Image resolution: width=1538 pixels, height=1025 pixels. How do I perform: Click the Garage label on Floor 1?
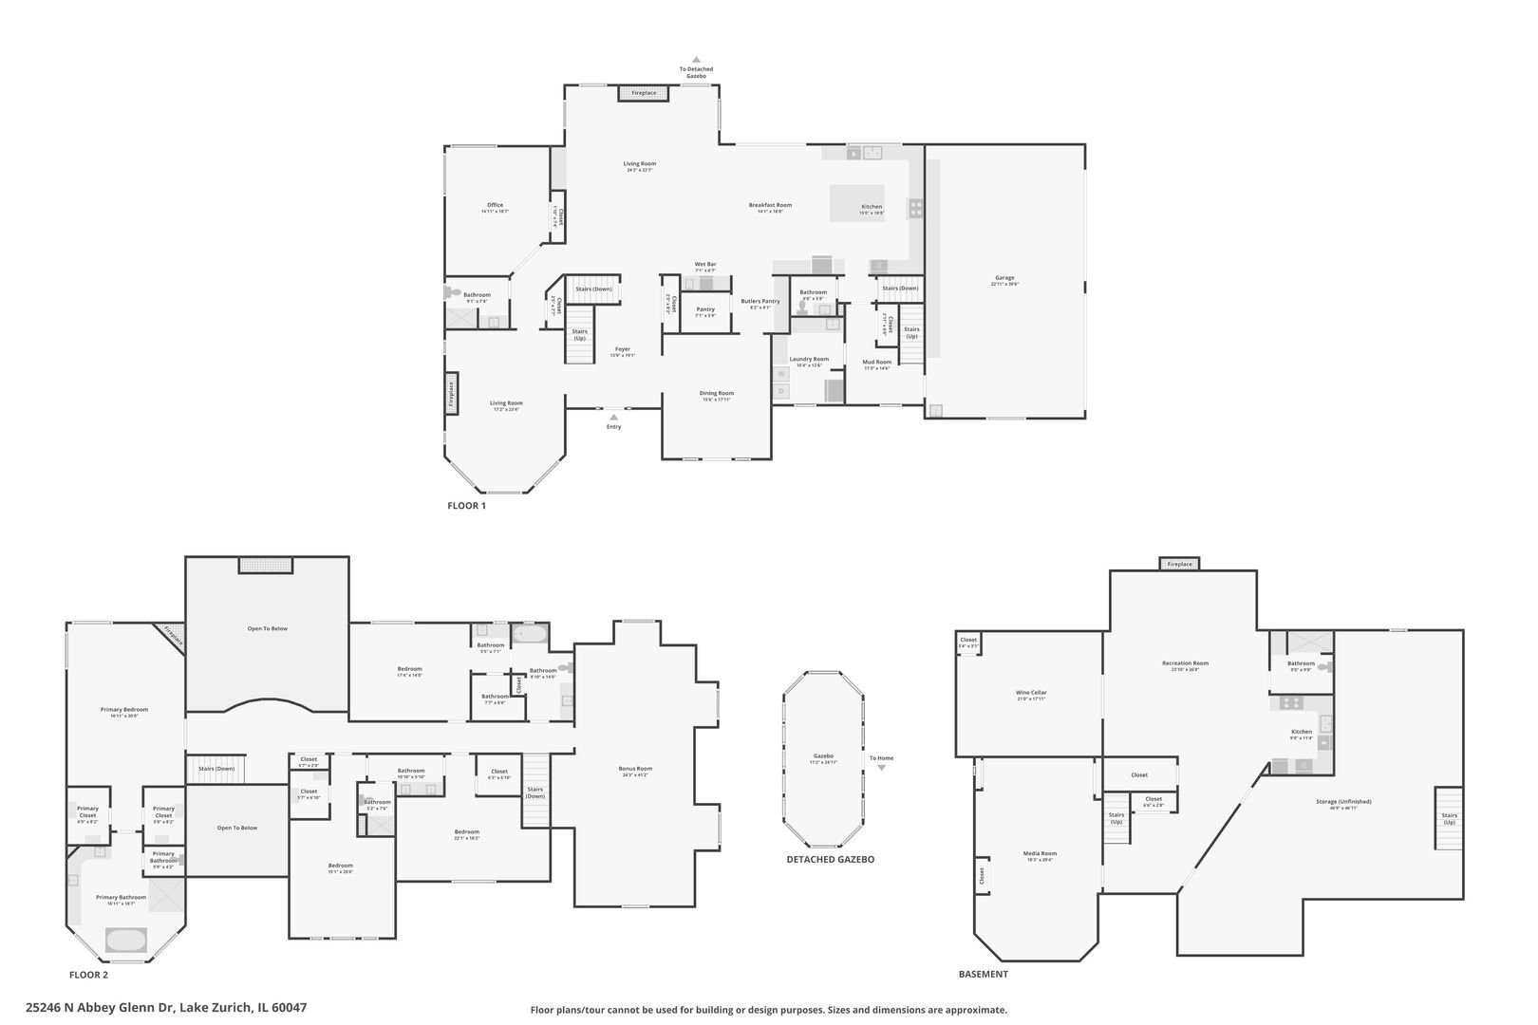[x=1004, y=278]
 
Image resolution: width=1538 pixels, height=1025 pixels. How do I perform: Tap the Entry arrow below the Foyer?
[x=613, y=417]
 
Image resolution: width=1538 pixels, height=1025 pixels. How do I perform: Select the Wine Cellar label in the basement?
[x=1031, y=693]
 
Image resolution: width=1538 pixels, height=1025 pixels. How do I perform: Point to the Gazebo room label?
[x=822, y=756]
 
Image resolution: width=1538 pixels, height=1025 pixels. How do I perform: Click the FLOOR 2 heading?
[x=89, y=975]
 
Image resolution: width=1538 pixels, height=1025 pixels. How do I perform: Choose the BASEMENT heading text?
[x=984, y=974]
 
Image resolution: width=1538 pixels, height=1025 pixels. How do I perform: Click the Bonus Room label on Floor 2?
[x=635, y=769]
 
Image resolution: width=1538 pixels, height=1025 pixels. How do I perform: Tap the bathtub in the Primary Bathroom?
[x=124, y=940]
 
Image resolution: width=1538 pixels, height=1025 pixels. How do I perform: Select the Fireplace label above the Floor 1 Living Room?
[x=644, y=93]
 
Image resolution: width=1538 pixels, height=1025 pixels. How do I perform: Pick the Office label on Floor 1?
[x=495, y=205]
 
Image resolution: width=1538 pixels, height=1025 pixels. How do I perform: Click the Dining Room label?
[x=717, y=393]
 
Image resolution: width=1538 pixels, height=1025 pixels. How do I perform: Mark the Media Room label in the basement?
[x=1040, y=853]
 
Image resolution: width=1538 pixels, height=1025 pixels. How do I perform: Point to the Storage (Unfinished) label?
[x=1343, y=801]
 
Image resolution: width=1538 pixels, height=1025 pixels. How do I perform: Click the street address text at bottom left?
[x=166, y=1008]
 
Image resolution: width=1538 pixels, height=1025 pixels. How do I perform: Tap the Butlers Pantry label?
[x=760, y=301]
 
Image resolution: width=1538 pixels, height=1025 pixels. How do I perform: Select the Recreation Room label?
[x=1185, y=662]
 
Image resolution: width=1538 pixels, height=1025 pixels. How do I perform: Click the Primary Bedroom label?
[x=124, y=709]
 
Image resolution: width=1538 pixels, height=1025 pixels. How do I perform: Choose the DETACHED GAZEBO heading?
[x=830, y=859]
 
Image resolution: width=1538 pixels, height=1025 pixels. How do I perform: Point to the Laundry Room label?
[x=809, y=359]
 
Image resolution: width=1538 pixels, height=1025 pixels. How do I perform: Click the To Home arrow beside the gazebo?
[x=881, y=767]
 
